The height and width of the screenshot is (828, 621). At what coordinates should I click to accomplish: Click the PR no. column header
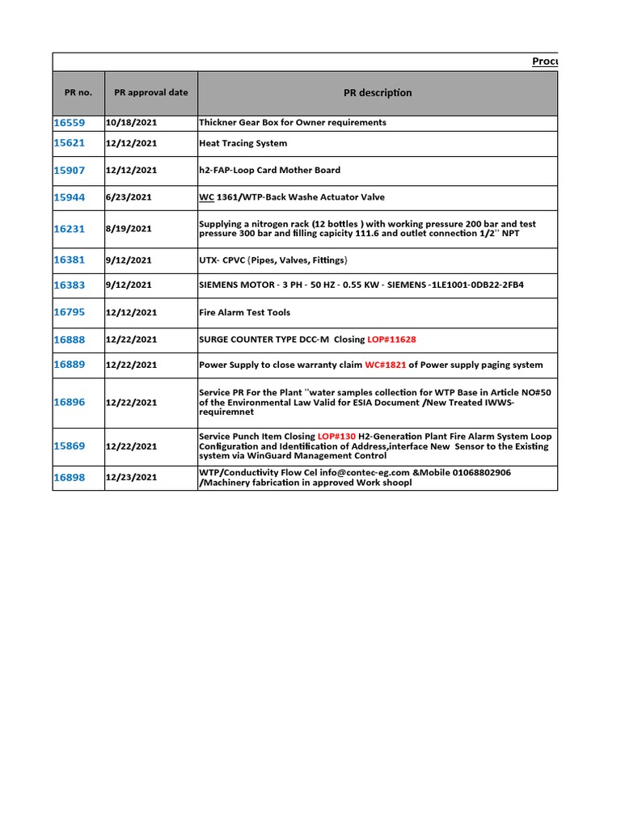(x=78, y=92)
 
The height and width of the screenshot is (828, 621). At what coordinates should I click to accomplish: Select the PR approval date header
(x=150, y=92)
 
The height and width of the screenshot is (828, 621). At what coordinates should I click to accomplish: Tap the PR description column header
(x=378, y=93)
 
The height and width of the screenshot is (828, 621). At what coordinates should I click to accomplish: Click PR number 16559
(x=69, y=123)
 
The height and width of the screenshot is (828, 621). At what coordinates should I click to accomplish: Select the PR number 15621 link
(x=69, y=143)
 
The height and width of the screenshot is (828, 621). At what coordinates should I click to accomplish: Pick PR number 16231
(x=69, y=229)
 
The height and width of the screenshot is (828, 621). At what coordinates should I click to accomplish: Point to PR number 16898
(x=69, y=478)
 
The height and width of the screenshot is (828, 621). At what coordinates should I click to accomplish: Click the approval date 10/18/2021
(x=131, y=123)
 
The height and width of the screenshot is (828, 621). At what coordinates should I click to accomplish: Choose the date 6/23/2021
(x=128, y=197)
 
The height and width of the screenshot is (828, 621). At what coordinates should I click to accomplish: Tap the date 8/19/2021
(x=128, y=229)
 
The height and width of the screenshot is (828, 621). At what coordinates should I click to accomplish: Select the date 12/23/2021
(x=131, y=478)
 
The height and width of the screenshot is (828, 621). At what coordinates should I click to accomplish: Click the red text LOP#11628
(x=391, y=340)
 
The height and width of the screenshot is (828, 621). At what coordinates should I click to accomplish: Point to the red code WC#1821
(x=385, y=365)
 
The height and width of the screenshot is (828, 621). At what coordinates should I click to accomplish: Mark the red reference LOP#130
(x=336, y=436)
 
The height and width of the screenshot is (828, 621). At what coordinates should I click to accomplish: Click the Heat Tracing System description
(x=243, y=143)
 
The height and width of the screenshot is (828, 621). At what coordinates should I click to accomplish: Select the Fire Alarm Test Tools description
(x=244, y=312)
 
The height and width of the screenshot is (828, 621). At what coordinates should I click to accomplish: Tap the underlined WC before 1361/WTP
(x=206, y=197)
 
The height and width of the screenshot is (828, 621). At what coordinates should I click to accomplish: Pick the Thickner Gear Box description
(x=292, y=123)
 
